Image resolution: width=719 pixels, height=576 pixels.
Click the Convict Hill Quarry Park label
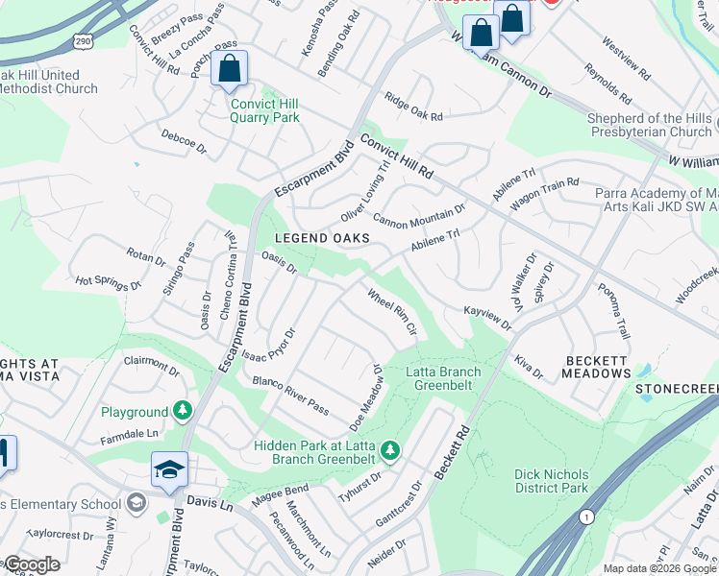264,110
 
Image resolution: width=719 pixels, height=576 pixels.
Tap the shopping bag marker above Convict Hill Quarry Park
230,68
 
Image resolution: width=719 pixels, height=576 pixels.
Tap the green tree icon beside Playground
182,412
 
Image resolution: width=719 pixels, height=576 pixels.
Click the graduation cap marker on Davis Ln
169,469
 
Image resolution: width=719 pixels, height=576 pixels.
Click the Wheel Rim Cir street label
391,312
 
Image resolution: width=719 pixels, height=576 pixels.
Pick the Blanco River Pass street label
291,395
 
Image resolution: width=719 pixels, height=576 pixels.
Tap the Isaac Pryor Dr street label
268,344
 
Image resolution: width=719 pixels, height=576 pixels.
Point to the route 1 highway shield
586,516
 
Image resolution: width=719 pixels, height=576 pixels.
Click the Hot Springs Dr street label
109,283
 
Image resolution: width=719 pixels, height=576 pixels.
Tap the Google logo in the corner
31,564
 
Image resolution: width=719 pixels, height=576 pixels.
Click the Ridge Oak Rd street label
413,108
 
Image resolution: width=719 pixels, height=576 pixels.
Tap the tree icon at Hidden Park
389,449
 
